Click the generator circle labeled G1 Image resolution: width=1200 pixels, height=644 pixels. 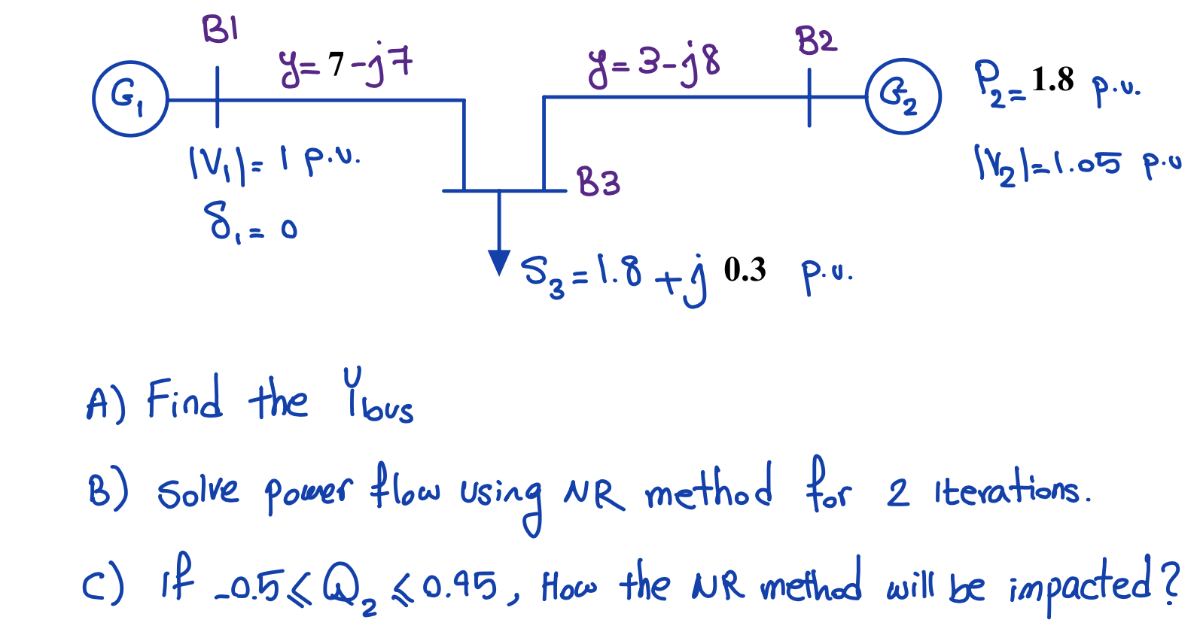click(130, 99)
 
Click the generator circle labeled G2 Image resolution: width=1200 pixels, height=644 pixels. click(903, 96)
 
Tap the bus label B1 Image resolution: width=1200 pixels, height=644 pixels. click(220, 30)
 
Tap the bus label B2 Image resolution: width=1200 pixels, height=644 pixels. click(816, 41)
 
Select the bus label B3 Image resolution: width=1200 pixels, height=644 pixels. click(598, 183)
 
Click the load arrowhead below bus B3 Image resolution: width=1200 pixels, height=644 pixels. click(498, 262)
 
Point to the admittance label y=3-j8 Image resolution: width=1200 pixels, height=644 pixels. click(653, 64)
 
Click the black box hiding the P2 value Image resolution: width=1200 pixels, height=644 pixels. click(1058, 80)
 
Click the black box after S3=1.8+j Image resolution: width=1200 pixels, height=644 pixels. click(748, 269)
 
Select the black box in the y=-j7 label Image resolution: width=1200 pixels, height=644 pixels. click(335, 61)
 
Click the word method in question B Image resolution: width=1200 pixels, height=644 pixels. click(708, 489)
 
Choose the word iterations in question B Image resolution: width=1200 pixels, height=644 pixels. click(1011, 491)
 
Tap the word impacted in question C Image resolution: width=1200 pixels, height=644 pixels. click(1080, 584)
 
